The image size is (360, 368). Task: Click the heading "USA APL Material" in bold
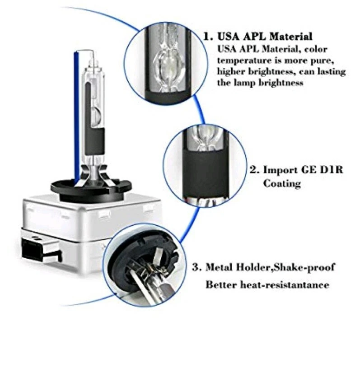coord(265,37)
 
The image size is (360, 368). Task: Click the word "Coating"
coord(282,183)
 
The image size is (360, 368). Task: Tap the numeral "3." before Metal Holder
coord(197,267)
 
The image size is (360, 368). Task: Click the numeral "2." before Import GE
coord(255,170)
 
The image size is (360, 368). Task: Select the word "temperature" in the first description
coord(242,60)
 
